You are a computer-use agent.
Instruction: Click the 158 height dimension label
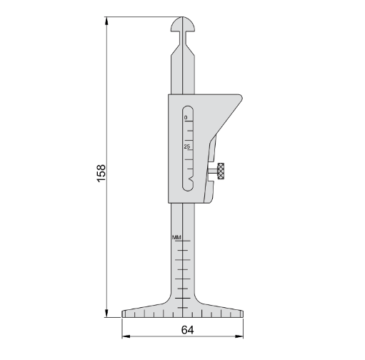[x=101, y=171]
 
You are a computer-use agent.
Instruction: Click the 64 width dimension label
[x=187, y=330]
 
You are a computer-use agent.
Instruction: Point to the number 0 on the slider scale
[x=186, y=117]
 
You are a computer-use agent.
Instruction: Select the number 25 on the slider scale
[x=186, y=146]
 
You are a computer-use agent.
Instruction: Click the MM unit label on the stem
[x=176, y=237]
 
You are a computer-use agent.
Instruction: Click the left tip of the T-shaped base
[x=123, y=312]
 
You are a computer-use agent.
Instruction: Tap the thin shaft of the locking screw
[x=213, y=171]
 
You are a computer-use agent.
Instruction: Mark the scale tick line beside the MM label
[x=185, y=241]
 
